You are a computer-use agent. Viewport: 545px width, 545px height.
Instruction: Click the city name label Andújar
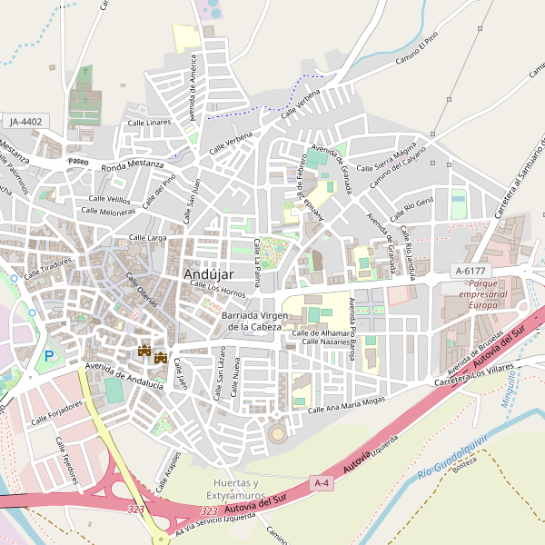(x=208, y=273)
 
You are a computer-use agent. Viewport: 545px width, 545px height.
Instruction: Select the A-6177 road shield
(x=471, y=271)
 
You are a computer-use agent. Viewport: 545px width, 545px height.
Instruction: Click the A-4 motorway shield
(x=322, y=483)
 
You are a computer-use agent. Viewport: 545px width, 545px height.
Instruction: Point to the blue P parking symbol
(x=49, y=356)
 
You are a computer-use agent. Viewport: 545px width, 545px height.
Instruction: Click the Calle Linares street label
(x=149, y=123)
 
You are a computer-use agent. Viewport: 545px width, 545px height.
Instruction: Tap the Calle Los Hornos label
(x=218, y=290)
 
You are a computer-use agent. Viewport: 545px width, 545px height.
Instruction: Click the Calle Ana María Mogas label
(x=347, y=403)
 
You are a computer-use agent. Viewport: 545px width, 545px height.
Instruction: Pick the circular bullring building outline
(x=277, y=434)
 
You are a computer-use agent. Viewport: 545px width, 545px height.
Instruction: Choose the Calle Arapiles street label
(x=167, y=470)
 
